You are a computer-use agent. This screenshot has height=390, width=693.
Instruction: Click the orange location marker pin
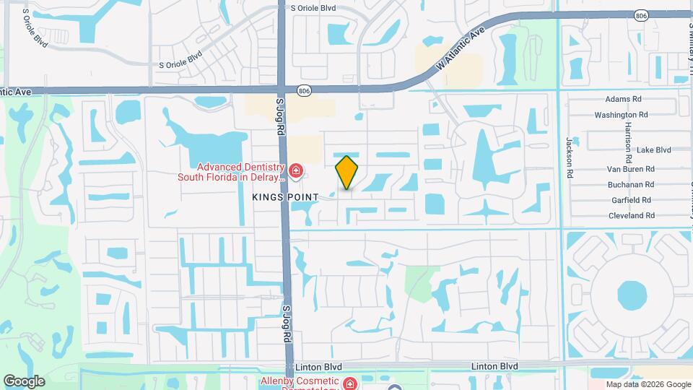[347, 172]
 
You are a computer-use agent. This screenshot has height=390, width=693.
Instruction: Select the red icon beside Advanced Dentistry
[295, 170]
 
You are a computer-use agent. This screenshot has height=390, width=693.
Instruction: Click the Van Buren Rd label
[629, 170]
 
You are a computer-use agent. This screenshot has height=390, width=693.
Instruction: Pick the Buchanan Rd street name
[630, 185]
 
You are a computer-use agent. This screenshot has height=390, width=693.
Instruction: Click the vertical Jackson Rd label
[569, 157]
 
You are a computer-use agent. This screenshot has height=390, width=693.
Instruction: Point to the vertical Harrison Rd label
[626, 141]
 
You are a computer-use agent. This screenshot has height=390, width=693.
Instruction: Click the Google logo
[24, 381]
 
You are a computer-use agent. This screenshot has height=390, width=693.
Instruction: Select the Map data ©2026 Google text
[648, 384]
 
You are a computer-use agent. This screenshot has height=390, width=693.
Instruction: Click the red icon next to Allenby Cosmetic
[350, 383]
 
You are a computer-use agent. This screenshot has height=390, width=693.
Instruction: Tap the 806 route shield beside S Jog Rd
[305, 89]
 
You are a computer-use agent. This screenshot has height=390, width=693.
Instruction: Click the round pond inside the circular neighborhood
[632, 295]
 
